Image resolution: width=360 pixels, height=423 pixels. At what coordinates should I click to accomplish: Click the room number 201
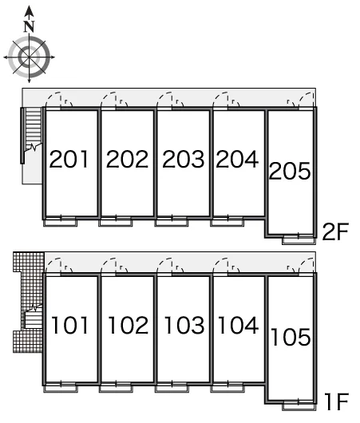69,159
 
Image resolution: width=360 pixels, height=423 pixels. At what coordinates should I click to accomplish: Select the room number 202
127,159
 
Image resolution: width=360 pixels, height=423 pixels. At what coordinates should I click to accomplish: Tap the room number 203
184,159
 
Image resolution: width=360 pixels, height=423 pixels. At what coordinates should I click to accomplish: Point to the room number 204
237,159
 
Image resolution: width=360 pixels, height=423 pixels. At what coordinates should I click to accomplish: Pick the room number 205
290,171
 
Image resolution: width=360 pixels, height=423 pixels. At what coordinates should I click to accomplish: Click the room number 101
70,326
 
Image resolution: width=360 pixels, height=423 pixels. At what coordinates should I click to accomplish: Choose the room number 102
129,326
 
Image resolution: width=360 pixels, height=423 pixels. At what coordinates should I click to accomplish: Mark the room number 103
184,326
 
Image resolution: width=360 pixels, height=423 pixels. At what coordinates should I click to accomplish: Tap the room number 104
239,326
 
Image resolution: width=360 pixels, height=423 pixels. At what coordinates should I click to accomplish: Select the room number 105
291,337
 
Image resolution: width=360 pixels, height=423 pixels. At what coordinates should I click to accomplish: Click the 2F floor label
336,231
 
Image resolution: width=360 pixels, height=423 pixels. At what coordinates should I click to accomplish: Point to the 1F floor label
337,401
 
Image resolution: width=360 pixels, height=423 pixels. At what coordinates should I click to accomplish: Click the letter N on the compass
30,26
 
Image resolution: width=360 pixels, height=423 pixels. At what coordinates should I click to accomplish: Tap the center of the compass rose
30,57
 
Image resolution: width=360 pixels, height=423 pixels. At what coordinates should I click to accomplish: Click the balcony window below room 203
172,222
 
